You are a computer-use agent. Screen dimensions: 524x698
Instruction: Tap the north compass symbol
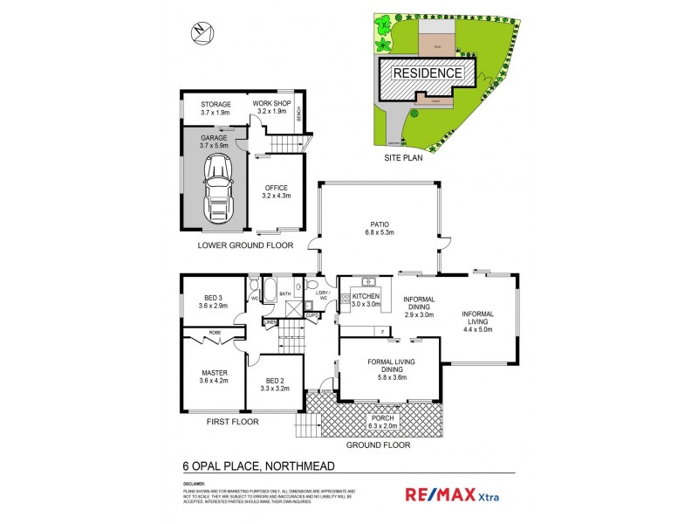tap(200, 32)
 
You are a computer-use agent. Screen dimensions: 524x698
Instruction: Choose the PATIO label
tap(379, 228)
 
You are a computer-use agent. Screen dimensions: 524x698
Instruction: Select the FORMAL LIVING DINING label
tap(390, 366)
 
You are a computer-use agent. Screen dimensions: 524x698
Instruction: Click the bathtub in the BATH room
tap(269, 291)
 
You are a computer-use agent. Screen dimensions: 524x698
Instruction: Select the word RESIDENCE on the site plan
tap(426, 73)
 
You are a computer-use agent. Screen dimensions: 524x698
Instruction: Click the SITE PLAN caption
tap(405, 160)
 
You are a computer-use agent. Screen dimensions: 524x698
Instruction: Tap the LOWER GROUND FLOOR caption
tap(245, 245)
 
